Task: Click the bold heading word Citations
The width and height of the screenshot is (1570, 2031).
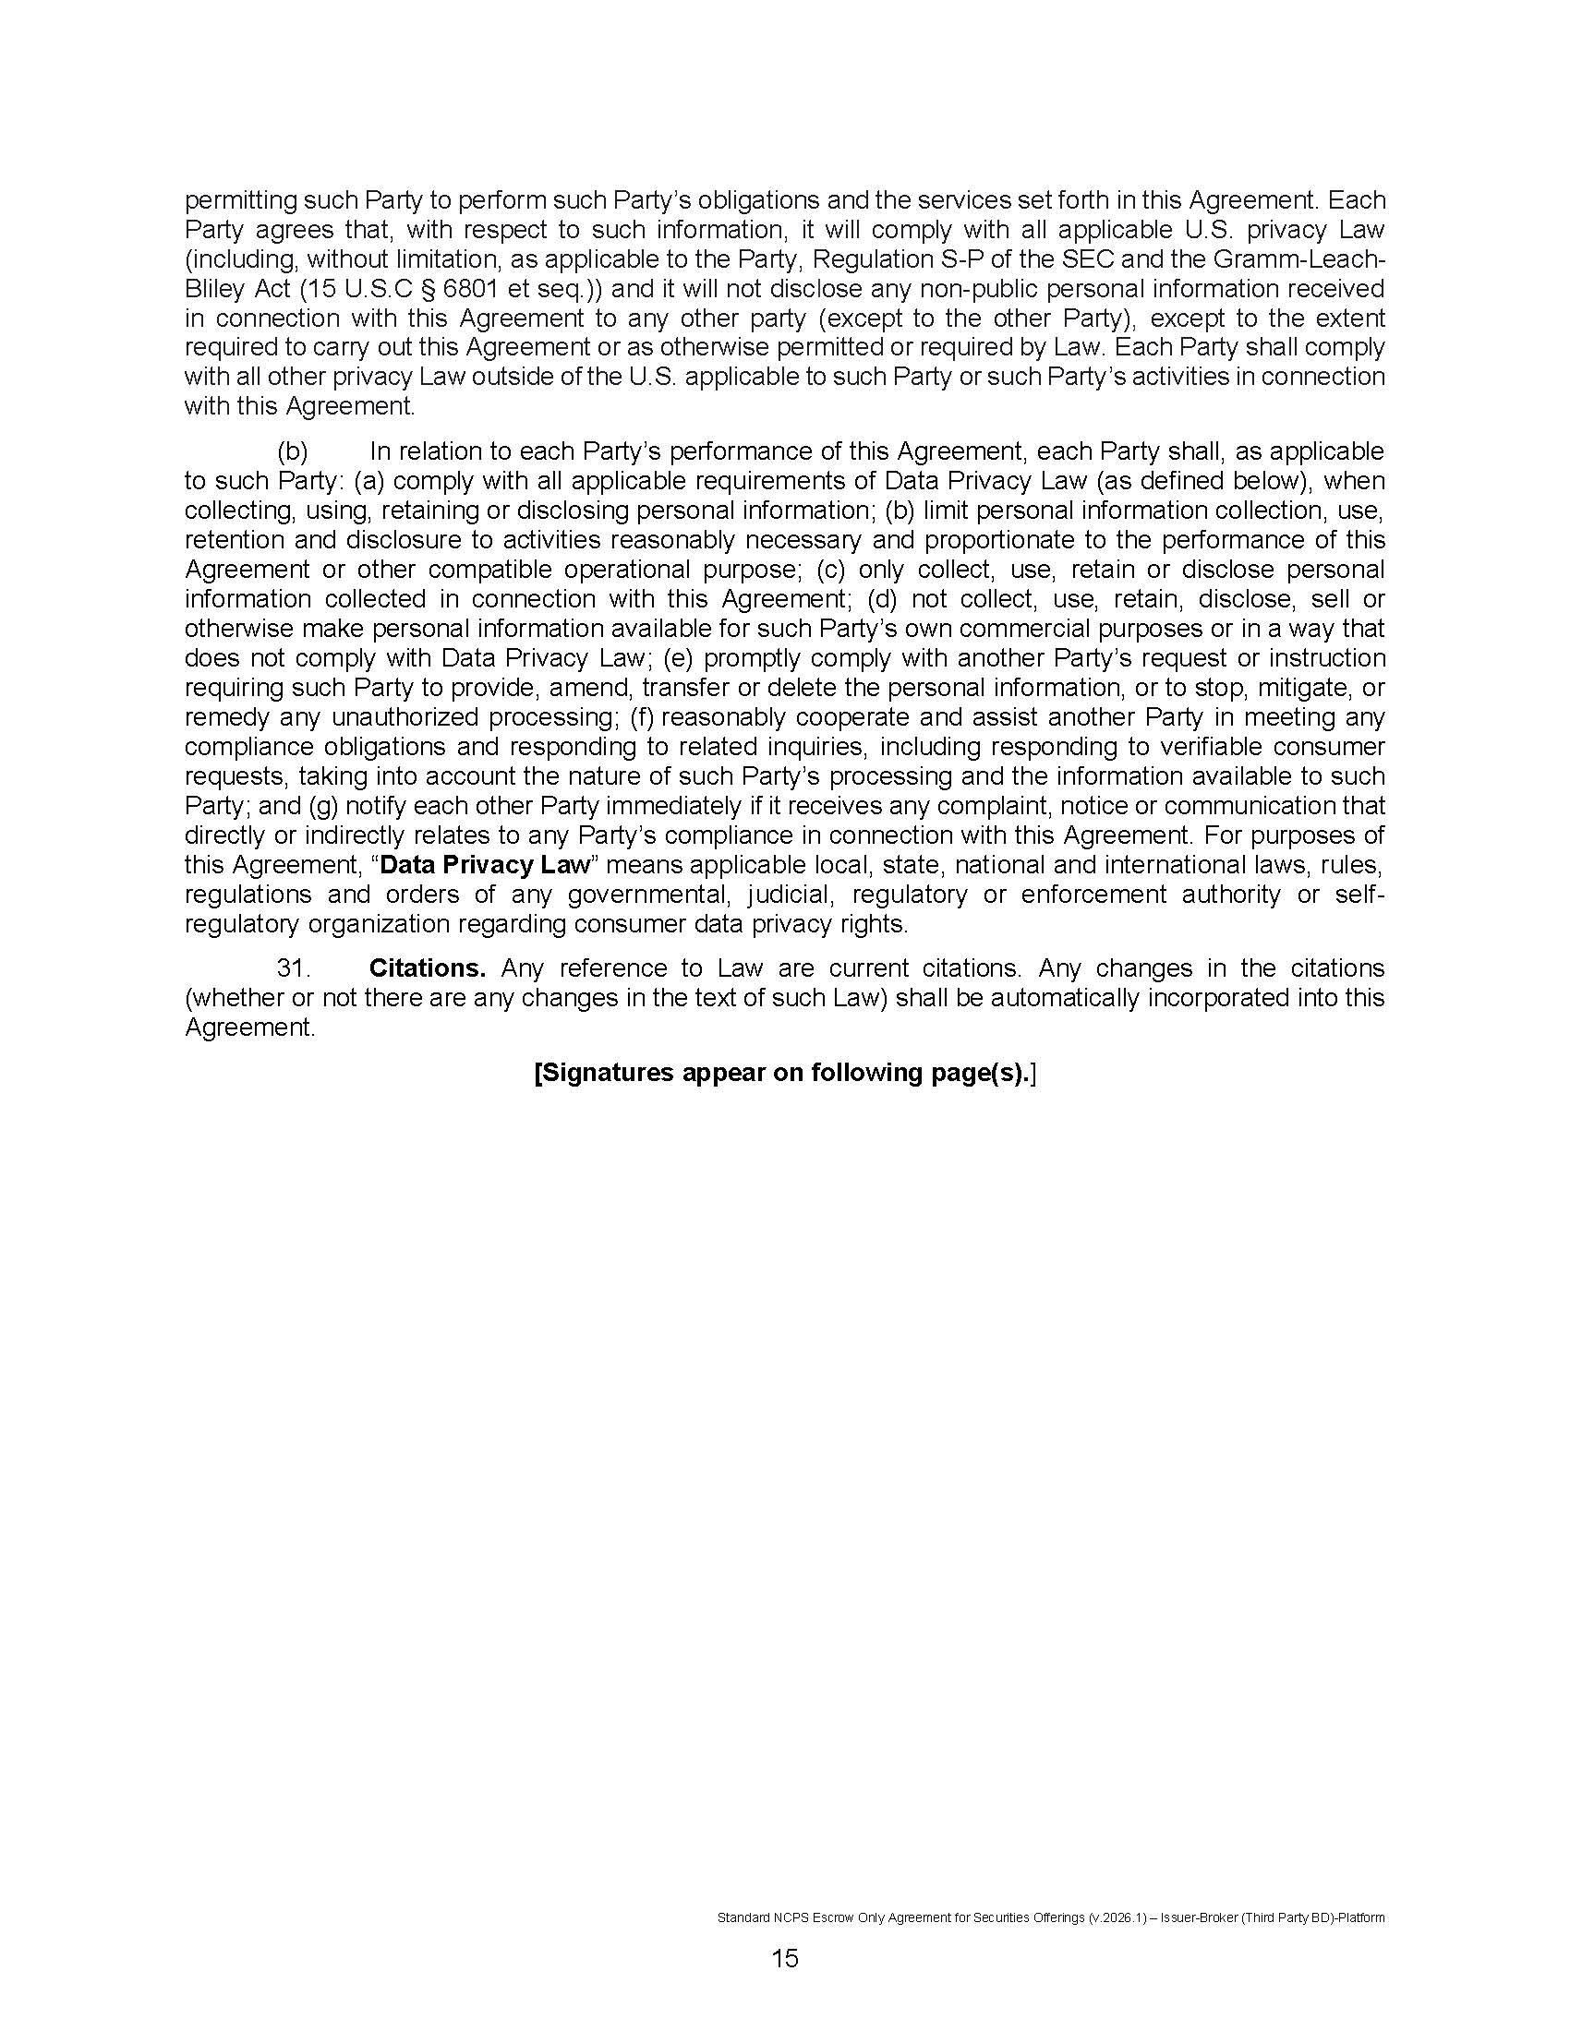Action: click(427, 968)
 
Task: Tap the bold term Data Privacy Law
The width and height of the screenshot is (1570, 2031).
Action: click(485, 865)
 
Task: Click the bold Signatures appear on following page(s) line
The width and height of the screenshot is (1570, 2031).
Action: click(784, 1072)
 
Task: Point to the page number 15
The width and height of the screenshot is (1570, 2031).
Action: click(784, 1958)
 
